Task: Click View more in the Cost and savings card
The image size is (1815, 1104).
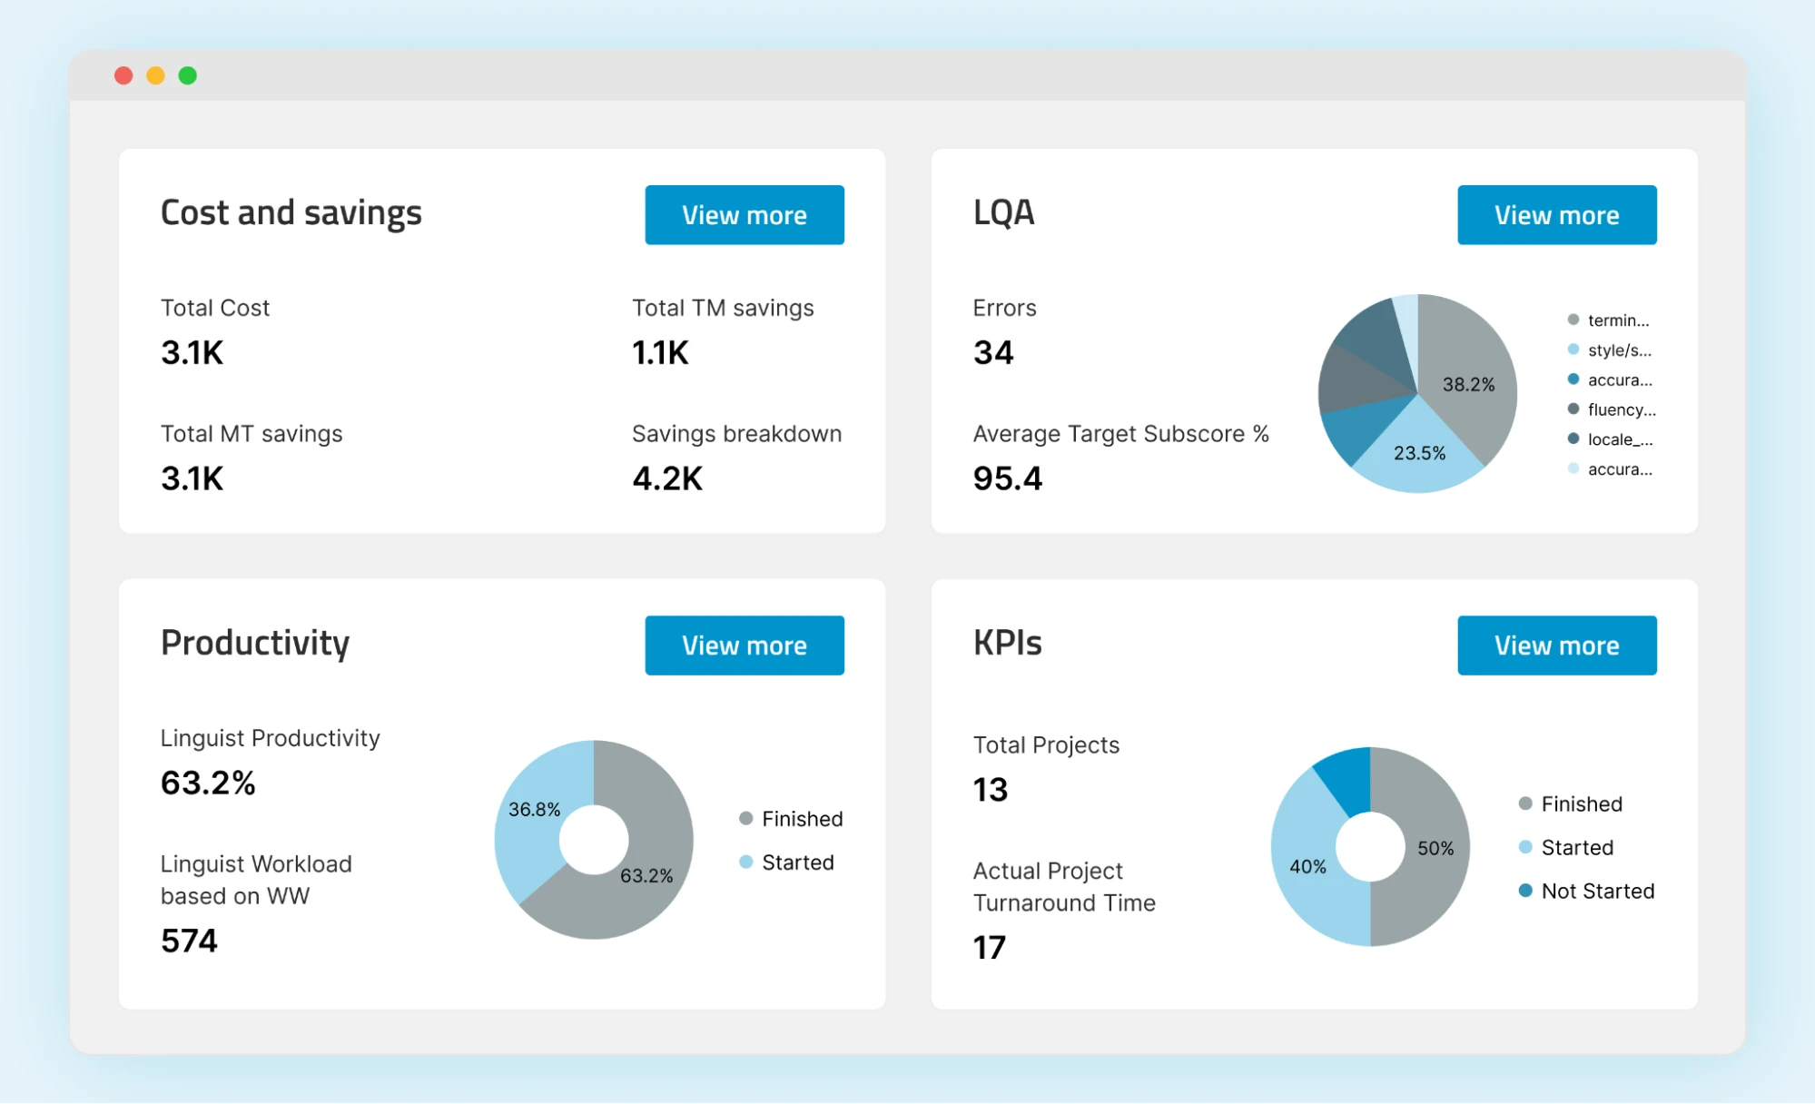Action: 744,215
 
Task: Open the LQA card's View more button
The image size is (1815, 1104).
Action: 1556,215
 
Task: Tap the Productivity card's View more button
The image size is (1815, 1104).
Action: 744,646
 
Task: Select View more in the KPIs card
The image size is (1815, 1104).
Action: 1556,646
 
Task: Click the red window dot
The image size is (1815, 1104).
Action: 123,75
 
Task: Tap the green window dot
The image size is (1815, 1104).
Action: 188,75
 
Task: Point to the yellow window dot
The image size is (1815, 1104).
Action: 155,75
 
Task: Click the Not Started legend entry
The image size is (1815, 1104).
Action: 1597,891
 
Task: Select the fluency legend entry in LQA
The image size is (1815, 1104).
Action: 1621,409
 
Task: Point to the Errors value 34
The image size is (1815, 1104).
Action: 993,352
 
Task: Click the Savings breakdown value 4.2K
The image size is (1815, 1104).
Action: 667,478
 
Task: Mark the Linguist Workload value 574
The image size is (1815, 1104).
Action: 189,941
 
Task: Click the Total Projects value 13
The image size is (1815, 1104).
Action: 991,790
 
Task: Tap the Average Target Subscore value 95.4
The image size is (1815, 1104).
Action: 1008,478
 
